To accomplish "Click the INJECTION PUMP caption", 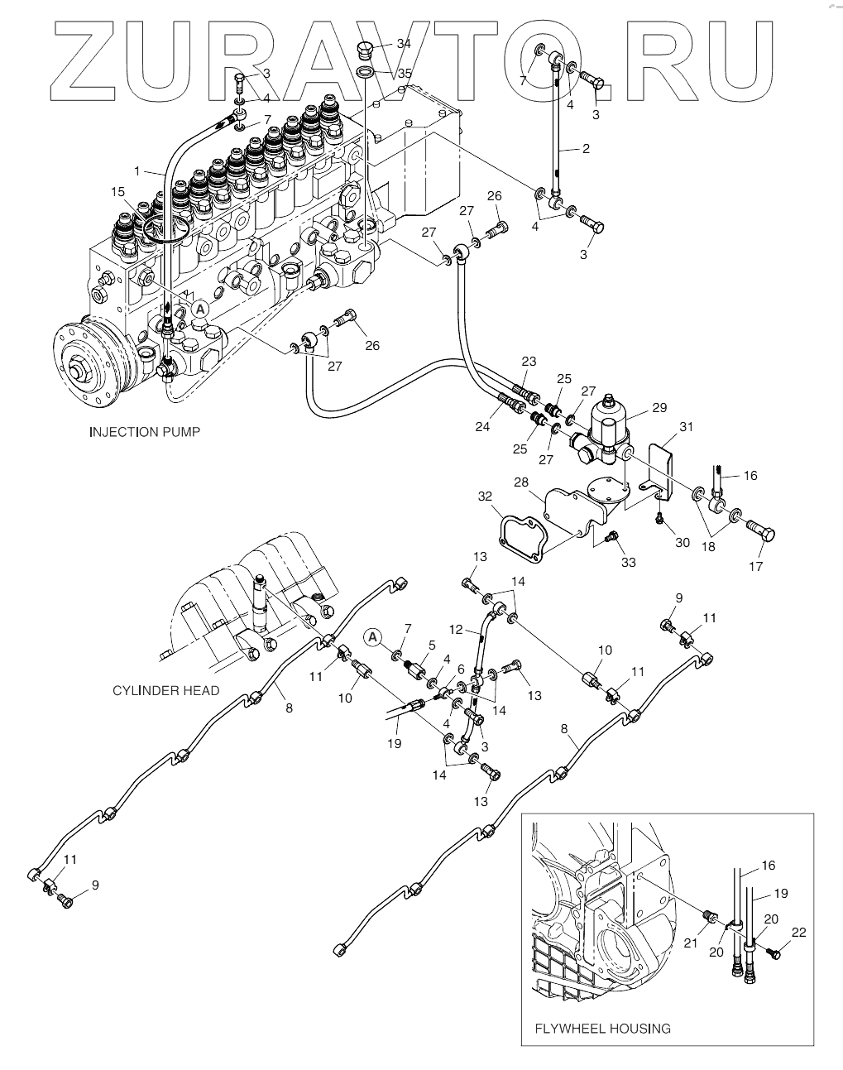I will (x=144, y=432).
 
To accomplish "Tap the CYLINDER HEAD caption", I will (x=165, y=690).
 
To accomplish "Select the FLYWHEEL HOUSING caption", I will (x=602, y=1029).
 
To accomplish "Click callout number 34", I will (x=404, y=44).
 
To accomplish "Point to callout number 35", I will (x=404, y=74).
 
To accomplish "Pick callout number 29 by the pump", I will (x=659, y=407).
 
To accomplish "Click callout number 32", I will (x=485, y=497).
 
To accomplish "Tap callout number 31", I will (x=687, y=427).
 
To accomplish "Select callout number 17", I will (x=755, y=566).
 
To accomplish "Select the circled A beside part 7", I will (x=373, y=636).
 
